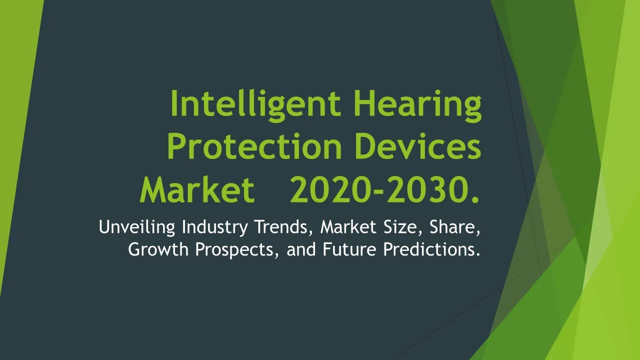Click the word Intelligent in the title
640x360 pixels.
pyautogui.click(x=256, y=105)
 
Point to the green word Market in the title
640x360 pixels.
pyautogui.click(x=197, y=189)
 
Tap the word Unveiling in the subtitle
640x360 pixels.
pyautogui.click(x=137, y=227)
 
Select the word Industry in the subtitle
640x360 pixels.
pyautogui.click(x=215, y=227)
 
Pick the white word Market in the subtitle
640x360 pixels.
pyautogui.click(x=348, y=227)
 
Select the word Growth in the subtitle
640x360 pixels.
pyautogui.click(x=158, y=249)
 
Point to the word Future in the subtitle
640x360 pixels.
pyautogui.click(x=349, y=249)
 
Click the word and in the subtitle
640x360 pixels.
pyautogui.click(x=301, y=249)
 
